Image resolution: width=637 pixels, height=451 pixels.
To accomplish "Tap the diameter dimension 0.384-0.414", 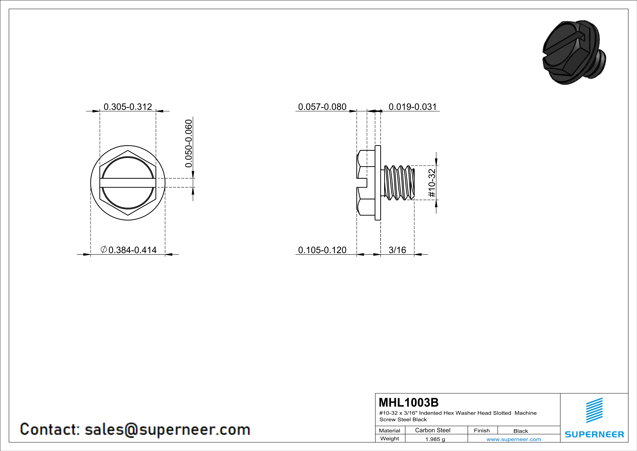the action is [128, 250].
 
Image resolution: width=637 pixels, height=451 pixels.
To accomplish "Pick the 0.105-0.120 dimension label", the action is [322, 250].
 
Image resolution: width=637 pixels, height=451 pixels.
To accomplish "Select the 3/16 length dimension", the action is [397, 250].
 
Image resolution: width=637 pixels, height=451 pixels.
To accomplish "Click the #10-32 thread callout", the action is [432, 183].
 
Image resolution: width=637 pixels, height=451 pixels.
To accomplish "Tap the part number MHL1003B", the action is [409, 402].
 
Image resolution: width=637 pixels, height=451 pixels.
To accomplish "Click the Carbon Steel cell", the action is [432, 430].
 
